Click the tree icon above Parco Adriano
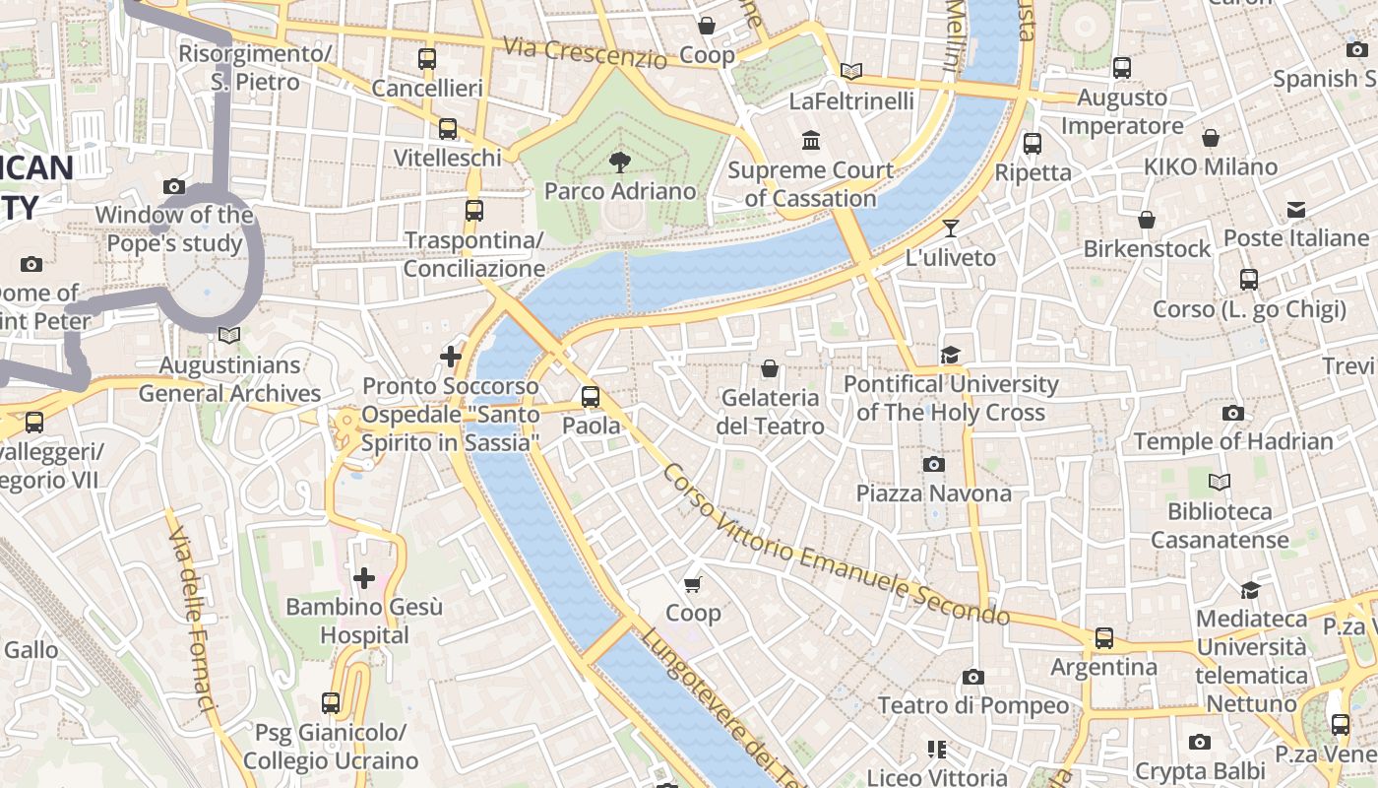coord(620,162)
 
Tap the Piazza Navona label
coord(933,492)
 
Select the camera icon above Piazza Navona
coord(933,464)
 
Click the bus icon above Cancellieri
coord(426,59)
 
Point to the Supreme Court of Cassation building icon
coord(811,141)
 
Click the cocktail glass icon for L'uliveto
coord(950,229)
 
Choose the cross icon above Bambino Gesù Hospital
coord(364,578)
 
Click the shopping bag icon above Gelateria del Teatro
coord(770,368)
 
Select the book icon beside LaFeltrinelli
coord(851,72)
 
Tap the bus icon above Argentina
coord(1104,638)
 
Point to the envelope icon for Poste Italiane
coord(1295,210)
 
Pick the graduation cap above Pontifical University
coord(950,355)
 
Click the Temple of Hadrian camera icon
coord(1232,413)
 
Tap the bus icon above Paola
coord(591,397)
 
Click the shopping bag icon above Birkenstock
coord(1147,220)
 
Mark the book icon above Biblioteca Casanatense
coord(1220,483)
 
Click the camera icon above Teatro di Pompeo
coord(972,677)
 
